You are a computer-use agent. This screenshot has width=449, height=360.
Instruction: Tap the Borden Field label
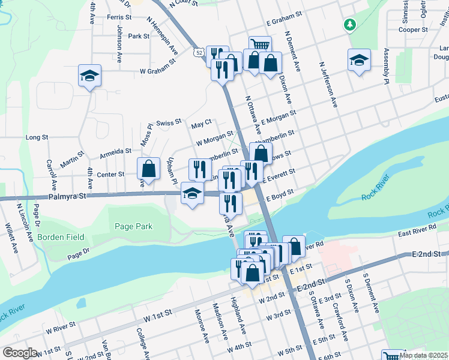(x=61, y=237)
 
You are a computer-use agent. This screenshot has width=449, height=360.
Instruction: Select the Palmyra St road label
(x=68, y=196)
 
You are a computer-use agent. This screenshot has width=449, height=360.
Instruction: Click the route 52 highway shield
(x=198, y=53)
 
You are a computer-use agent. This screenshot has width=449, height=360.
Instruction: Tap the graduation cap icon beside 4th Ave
(x=89, y=76)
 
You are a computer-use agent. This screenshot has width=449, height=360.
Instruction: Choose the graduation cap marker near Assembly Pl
(x=359, y=61)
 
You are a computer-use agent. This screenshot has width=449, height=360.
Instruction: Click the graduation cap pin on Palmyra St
(x=191, y=194)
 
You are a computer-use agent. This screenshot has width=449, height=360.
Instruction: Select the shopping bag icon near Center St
(x=148, y=169)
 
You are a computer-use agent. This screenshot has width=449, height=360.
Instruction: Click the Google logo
(x=19, y=353)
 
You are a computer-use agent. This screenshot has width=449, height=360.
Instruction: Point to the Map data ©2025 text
(x=424, y=355)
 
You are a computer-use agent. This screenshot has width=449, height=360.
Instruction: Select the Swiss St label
(x=169, y=122)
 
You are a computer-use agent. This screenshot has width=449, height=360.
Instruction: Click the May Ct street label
(x=201, y=124)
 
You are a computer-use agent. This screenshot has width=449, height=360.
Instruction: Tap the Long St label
(x=37, y=137)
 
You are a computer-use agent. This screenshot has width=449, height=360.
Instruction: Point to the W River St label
(x=61, y=328)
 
